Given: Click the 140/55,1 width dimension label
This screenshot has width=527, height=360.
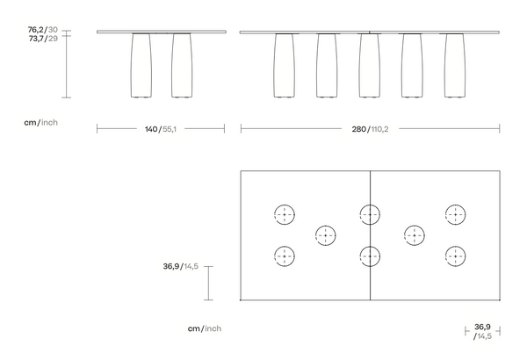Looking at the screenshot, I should point(160,128).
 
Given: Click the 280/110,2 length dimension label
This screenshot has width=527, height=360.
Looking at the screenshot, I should point(370,128).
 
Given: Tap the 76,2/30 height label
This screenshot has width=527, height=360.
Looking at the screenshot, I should point(43,29).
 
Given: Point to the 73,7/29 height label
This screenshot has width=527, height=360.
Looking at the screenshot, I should point(43,40).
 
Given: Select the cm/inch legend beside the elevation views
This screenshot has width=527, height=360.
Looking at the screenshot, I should point(40,123).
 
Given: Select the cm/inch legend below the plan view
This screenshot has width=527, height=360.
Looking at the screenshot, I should point(204,328).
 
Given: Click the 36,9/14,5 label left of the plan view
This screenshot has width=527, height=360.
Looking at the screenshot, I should point(180,265).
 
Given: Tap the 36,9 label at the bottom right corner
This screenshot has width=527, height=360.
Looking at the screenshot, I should point(482,327).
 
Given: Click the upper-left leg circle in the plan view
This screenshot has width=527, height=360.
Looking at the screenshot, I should point(285,214).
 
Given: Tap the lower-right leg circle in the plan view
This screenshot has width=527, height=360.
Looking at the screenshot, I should point(455,256).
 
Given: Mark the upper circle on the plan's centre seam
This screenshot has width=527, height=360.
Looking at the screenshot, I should point(370,214).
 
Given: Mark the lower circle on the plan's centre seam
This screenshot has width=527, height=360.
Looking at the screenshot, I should point(370,256).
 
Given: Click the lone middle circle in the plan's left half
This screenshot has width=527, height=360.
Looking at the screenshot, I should point(326,235).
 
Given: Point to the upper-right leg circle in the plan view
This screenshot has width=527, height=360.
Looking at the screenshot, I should point(455,214).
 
